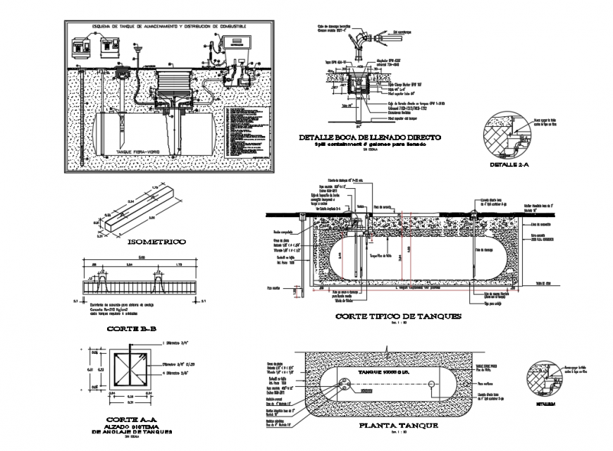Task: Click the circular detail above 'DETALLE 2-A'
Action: click(512, 134)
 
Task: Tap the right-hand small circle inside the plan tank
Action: click(431, 384)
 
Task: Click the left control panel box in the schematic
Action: click(80, 49)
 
